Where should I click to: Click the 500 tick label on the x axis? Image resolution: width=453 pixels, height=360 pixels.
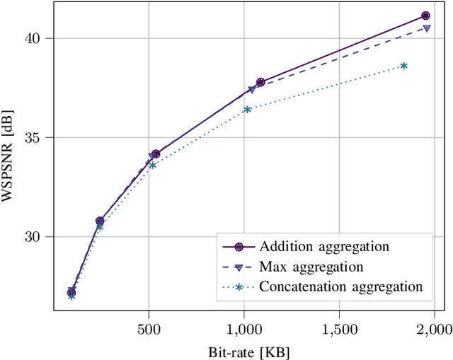point(149,329)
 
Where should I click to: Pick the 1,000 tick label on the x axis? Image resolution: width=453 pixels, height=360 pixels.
point(243,329)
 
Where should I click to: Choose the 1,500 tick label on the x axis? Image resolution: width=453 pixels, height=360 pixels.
point(339,329)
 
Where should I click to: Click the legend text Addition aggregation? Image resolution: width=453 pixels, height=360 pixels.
point(324,247)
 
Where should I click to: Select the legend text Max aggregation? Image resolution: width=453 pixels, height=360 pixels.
point(311,267)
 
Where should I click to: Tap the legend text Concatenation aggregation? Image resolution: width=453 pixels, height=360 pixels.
point(341,286)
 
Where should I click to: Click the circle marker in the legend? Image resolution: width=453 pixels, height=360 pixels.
point(239,247)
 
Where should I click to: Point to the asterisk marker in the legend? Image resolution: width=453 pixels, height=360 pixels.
point(239,286)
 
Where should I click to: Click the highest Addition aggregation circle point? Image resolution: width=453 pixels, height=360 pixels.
point(425,16)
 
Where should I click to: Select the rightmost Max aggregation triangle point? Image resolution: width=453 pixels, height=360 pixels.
point(427,28)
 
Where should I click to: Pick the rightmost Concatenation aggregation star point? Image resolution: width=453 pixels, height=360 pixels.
point(403,66)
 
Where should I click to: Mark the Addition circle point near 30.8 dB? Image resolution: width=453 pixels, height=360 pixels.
point(100,221)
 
